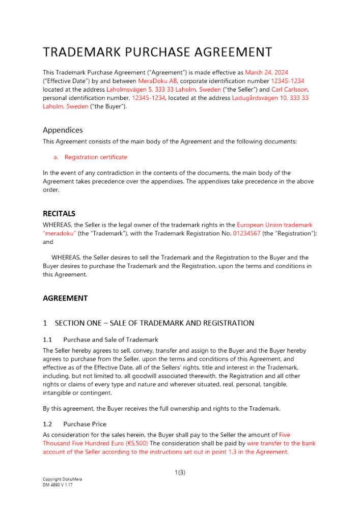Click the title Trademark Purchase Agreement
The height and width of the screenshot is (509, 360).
(157, 52)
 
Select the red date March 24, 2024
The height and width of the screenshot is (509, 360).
(266, 73)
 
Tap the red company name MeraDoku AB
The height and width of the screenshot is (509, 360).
(157, 81)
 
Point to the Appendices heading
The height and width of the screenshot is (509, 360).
(63, 130)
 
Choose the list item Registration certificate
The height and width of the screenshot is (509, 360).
(96, 157)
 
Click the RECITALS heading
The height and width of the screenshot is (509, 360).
(59, 214)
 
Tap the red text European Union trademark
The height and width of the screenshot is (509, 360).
(274, 225)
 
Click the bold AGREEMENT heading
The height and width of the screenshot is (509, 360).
(65, 298)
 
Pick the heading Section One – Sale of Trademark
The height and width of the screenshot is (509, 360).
(154, 323)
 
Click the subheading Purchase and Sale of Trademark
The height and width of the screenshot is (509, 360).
(110, 340)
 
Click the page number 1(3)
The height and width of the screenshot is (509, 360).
(180, 472)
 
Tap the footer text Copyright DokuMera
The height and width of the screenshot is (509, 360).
(62, 479)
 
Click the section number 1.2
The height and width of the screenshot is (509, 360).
(47, 424)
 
